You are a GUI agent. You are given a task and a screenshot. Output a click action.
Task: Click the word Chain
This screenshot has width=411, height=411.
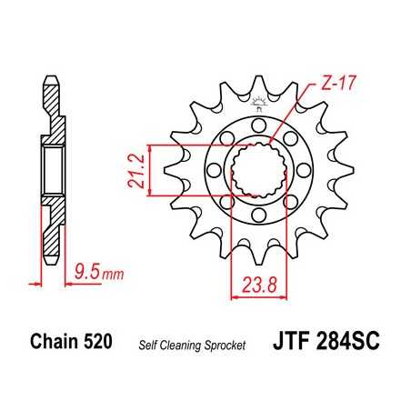click(x=53, y=344)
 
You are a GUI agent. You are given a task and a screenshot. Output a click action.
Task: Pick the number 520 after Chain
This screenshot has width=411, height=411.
click(x=98, y=344)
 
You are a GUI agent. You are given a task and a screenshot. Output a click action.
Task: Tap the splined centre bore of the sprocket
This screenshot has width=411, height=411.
click(x=258, y=168)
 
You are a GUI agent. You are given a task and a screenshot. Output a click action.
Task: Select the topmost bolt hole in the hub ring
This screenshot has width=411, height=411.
click(x=257, y=123)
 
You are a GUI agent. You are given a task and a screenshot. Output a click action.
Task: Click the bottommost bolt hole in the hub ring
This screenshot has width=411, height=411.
click(x=257, y=215)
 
